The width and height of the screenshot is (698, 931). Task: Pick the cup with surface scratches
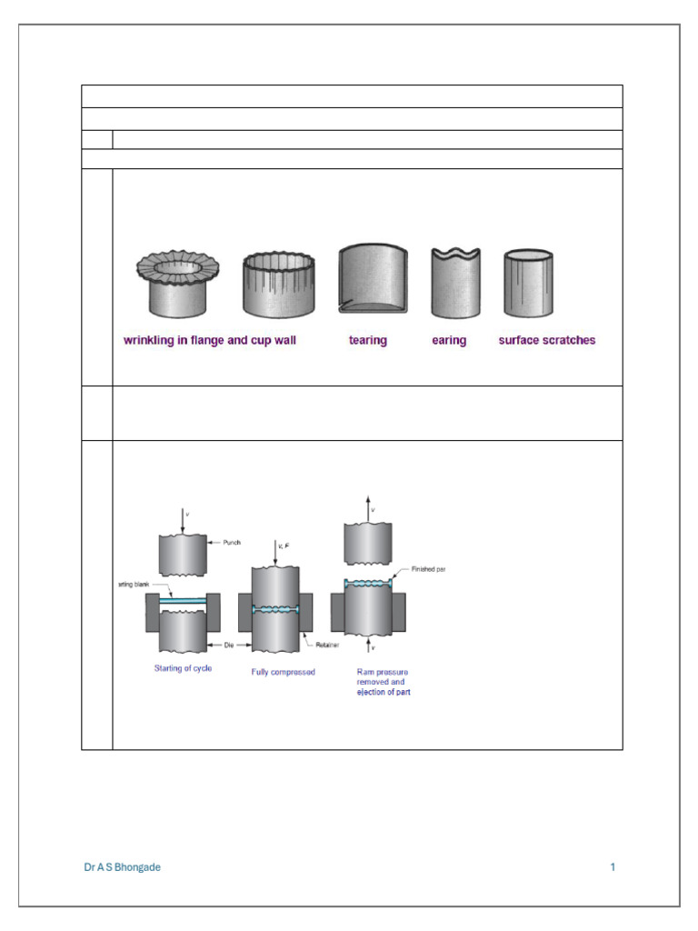[528, 283]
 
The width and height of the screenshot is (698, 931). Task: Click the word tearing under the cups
[367, 341]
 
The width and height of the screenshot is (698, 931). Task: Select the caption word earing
[449, 341]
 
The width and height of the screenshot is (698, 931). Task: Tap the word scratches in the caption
[565, 341]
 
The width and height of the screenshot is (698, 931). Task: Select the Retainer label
[328, 645]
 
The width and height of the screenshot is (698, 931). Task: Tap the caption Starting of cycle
[183, 670]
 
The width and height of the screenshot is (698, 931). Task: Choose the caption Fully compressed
[284, 673]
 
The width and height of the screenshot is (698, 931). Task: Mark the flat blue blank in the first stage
[183, 601]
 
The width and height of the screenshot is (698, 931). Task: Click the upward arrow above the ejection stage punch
[368, 506]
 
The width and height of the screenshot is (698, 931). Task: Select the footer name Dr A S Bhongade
[122, 867]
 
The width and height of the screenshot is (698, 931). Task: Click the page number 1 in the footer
[613, 867]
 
